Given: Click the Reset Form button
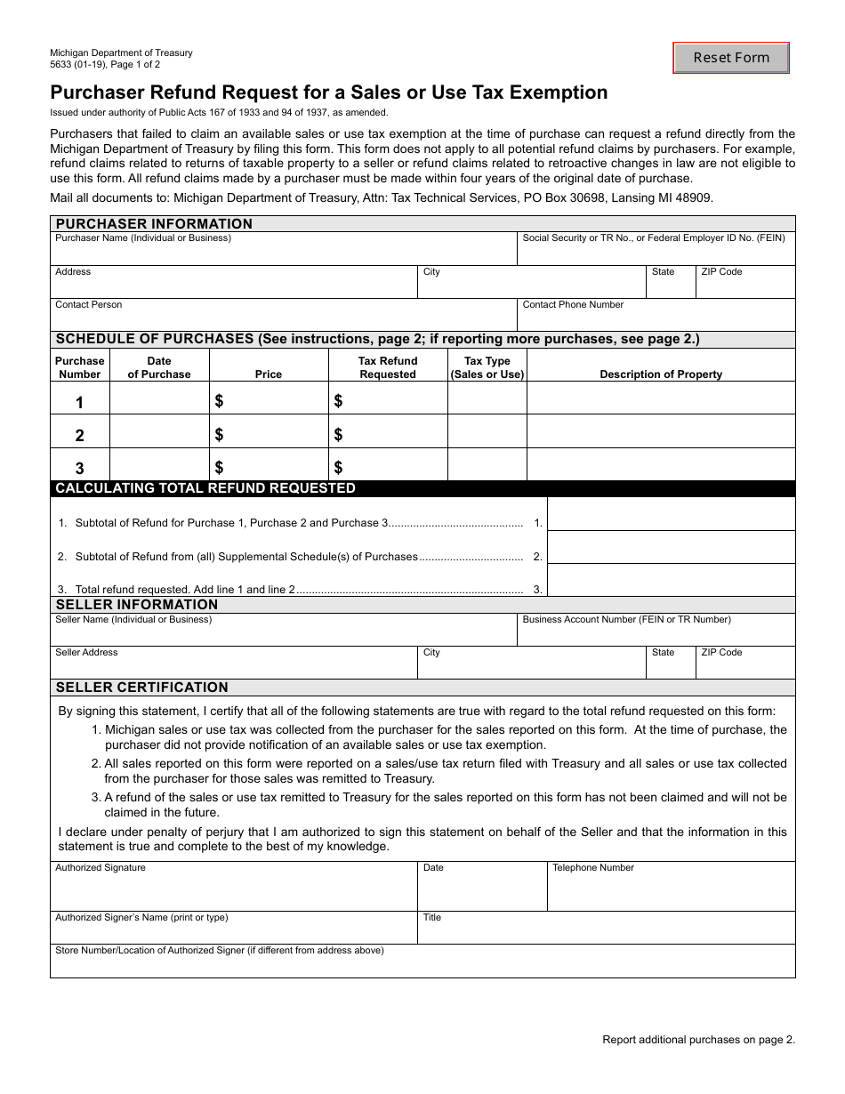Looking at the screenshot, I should click(x=731, y=58).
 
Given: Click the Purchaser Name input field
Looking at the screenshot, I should click(x=283, y=253).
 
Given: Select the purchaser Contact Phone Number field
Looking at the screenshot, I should click(x=656, y=318).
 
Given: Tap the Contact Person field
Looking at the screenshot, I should click(x=283, y=318).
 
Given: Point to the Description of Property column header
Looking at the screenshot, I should click(x=661, y=374).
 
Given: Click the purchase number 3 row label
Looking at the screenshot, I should click(x=79, y=468).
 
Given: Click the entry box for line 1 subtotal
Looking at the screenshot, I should click(x=671, y=515).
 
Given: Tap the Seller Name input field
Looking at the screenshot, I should click(x=283, y=634).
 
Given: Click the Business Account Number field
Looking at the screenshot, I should click(x=656, y=634).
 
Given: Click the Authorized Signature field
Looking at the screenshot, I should click(x=233, y=890).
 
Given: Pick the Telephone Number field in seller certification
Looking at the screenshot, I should click(x=670, y=890).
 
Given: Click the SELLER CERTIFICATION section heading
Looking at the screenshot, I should click(x=142, y=688).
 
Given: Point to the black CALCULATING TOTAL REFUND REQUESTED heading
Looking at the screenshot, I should click(x=205, y=488).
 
